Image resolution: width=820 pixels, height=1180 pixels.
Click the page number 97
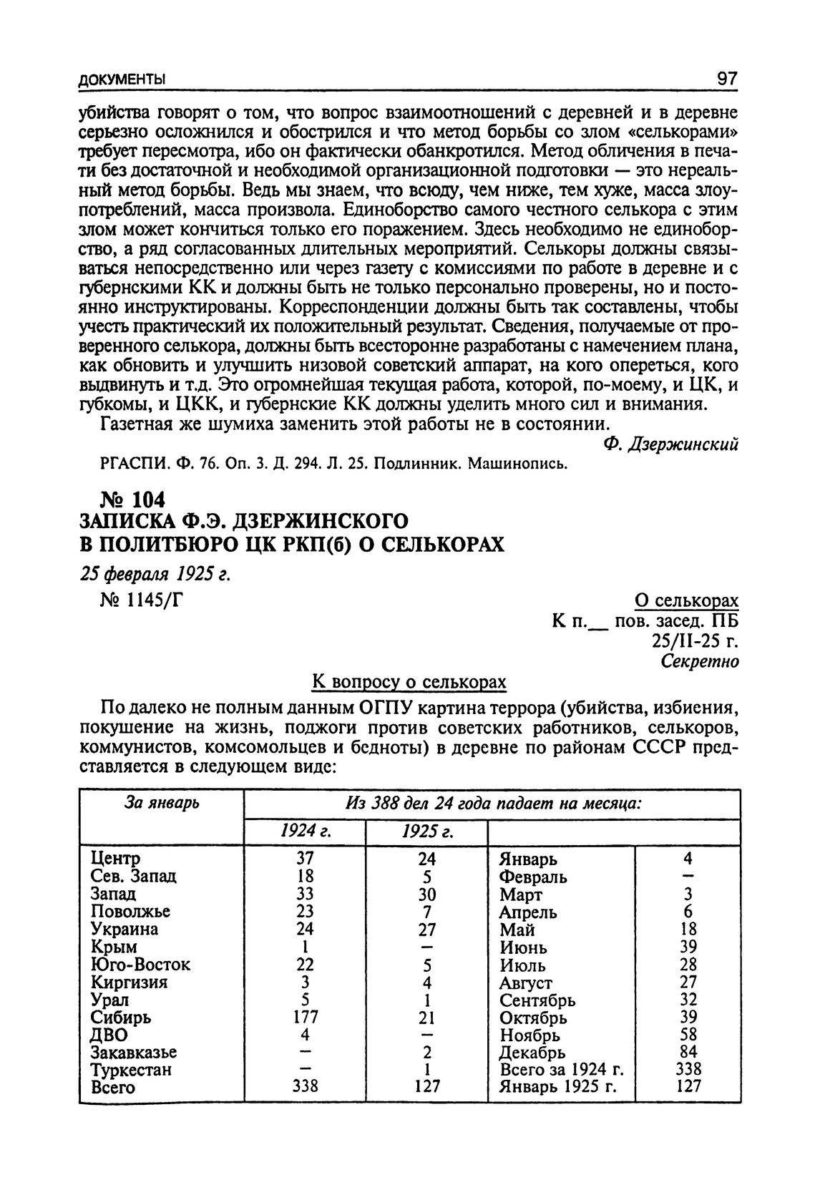click(x=726, y=77)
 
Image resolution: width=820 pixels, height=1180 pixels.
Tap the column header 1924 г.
click(x=304, y=832)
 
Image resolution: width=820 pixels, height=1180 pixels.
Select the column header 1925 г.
click(x=426, y=832)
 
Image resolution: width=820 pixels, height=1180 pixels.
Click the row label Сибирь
click(x=121, y=1017)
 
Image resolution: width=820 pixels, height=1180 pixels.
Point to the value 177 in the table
click(x=304, y=1017)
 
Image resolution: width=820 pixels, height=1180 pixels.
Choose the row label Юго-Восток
click(x=140, y=964)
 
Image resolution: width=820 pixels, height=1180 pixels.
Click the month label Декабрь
click(x=533, y=1052)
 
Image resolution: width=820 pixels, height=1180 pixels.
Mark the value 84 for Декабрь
click(x=688, y=1052)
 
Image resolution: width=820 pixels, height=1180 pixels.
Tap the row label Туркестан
click(x=132, y=1070)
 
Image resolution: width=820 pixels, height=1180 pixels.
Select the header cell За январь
click(x=162, y=803)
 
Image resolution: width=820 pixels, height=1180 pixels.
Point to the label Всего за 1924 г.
click(x=562, y=1070)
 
